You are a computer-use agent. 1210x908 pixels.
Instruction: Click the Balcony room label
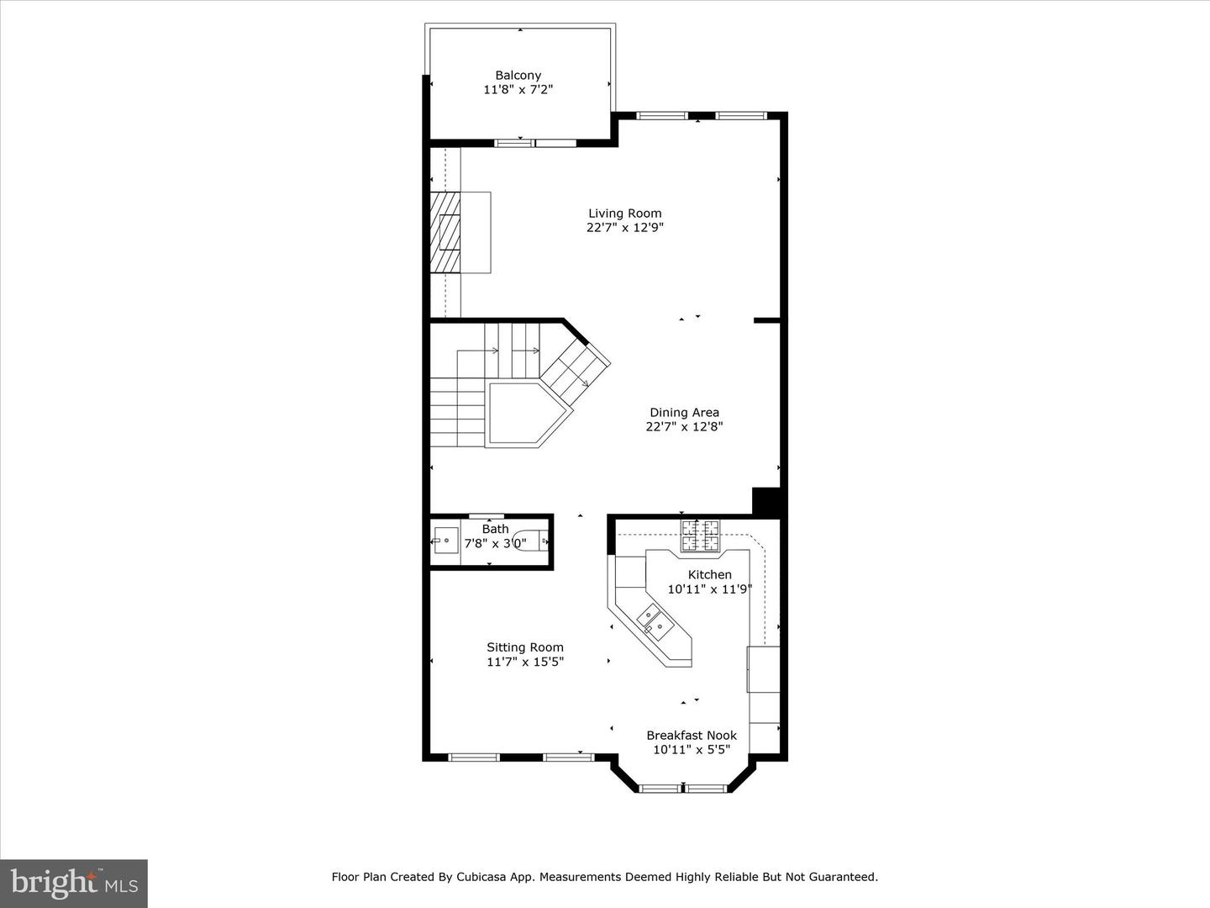point(518,75)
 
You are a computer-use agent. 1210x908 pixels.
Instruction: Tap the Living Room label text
point(624,213)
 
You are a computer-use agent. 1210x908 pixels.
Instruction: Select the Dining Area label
point(684,412)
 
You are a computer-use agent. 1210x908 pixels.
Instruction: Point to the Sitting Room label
point(525,647)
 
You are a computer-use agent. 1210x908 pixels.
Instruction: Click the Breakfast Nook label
point(692,735)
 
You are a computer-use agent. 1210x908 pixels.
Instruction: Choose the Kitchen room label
point(709,574)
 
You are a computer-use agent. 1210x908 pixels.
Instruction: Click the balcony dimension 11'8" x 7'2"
point(518,89)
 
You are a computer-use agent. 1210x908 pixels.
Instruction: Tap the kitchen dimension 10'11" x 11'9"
point(709,589)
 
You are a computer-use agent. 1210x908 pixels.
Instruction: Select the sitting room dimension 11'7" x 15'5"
point(525,661)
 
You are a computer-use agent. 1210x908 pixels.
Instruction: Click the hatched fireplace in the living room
point(445,232)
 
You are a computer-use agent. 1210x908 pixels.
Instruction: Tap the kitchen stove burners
point(701,536)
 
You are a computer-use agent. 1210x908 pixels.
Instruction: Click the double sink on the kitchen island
point(655,621)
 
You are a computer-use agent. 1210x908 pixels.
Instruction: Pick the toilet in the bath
point(530,541)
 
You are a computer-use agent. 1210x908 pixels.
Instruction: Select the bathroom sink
point(445,541)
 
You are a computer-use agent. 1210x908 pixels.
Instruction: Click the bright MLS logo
point(74,883)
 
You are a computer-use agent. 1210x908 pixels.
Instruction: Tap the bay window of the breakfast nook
point(683,789)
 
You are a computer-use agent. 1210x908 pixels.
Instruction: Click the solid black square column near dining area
point(767,501)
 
